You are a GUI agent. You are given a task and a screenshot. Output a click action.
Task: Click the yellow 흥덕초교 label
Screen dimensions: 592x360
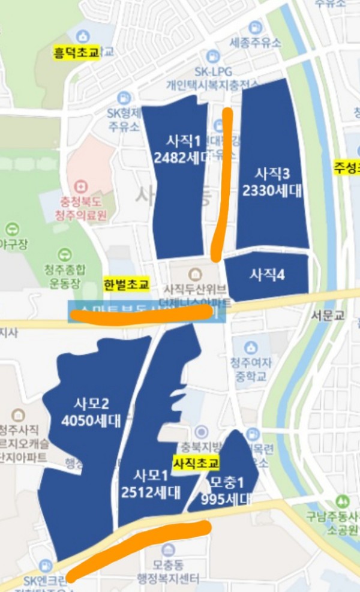(x=76, y=53)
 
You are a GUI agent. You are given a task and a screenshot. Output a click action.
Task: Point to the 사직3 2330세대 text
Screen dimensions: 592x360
(x=273, y=182)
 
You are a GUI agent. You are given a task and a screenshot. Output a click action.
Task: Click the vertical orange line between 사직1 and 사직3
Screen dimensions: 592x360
(x=223, y=180)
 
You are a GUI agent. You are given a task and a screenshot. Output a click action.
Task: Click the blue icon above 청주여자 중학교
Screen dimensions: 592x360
(x=251, y=348)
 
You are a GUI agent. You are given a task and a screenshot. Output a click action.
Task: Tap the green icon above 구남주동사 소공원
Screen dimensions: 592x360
(x=343, y=501)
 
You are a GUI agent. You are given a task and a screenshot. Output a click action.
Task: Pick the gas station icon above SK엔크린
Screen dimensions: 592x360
(x=46, y=565)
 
